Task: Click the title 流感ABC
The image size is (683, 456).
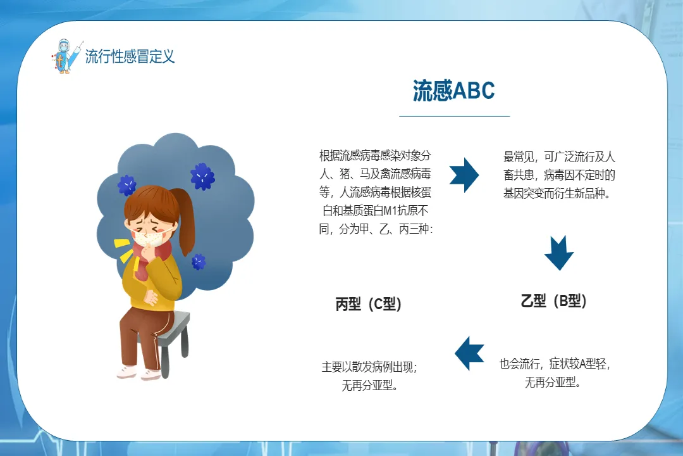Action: [x=454, y=91]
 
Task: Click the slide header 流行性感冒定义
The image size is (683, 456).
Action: [x=130, y=56]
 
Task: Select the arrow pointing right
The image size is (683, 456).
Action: [x=464, y=175]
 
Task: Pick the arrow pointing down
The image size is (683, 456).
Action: [x=559, y=253]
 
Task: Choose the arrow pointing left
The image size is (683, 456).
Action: [x=469, y=353]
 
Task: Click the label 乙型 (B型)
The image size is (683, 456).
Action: [x=553, y=301]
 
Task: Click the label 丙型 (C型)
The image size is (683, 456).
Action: [x=369, y=304]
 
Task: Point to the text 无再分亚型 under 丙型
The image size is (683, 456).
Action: [x=369, y=385]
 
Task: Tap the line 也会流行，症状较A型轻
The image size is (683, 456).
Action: [x=554, y=364]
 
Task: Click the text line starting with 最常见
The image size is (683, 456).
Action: [x=559, y=156]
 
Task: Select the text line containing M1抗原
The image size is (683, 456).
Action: [x=375, y=211]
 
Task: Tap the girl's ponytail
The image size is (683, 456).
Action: [x=185, y=220]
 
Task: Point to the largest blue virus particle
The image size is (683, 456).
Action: [x=202, y=176]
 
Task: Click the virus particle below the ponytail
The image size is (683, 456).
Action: [x=199, y=262]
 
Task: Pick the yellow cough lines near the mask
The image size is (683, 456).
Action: [x=123, y=250]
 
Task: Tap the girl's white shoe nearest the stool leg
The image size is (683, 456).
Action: [x=151, y=374]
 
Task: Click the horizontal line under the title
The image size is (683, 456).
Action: [x=454, y=116]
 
